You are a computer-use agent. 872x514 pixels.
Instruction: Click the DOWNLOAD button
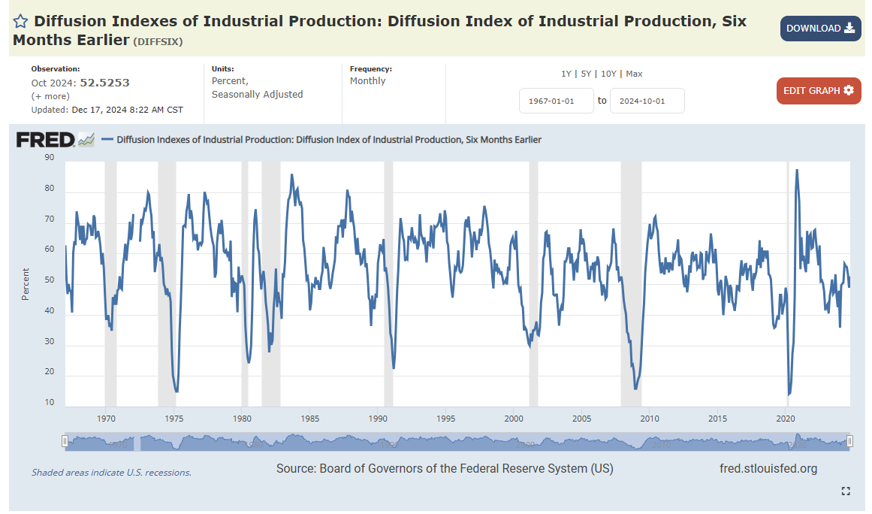coord(820,29)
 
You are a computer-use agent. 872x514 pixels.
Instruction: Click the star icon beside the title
coord(21,21)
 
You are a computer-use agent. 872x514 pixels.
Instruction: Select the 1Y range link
coord(566,74)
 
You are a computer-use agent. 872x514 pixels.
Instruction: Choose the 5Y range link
coord(587,74)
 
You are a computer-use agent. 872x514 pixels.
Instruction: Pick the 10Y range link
coord(608,74)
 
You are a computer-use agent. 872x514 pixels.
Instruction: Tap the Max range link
coord(634,74)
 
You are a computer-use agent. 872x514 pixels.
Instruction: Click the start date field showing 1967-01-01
coord(556,101)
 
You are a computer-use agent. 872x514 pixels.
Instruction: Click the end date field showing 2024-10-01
coord(647,101)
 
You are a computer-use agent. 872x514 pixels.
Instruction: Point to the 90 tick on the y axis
coord(50,158)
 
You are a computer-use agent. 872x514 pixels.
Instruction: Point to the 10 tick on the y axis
coord(50,403)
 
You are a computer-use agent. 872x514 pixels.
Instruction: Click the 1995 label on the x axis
coord(446,419)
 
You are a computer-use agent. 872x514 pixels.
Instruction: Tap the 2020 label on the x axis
coord(786,419)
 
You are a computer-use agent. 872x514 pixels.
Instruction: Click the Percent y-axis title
coord(26,284)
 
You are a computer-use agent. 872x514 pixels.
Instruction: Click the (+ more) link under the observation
coord(50,96)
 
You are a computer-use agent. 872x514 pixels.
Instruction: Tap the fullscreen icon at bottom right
coord(846,491)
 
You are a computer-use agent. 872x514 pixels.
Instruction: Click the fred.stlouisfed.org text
coord(768,469)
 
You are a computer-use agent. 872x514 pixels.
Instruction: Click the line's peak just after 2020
coord(796,171)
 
